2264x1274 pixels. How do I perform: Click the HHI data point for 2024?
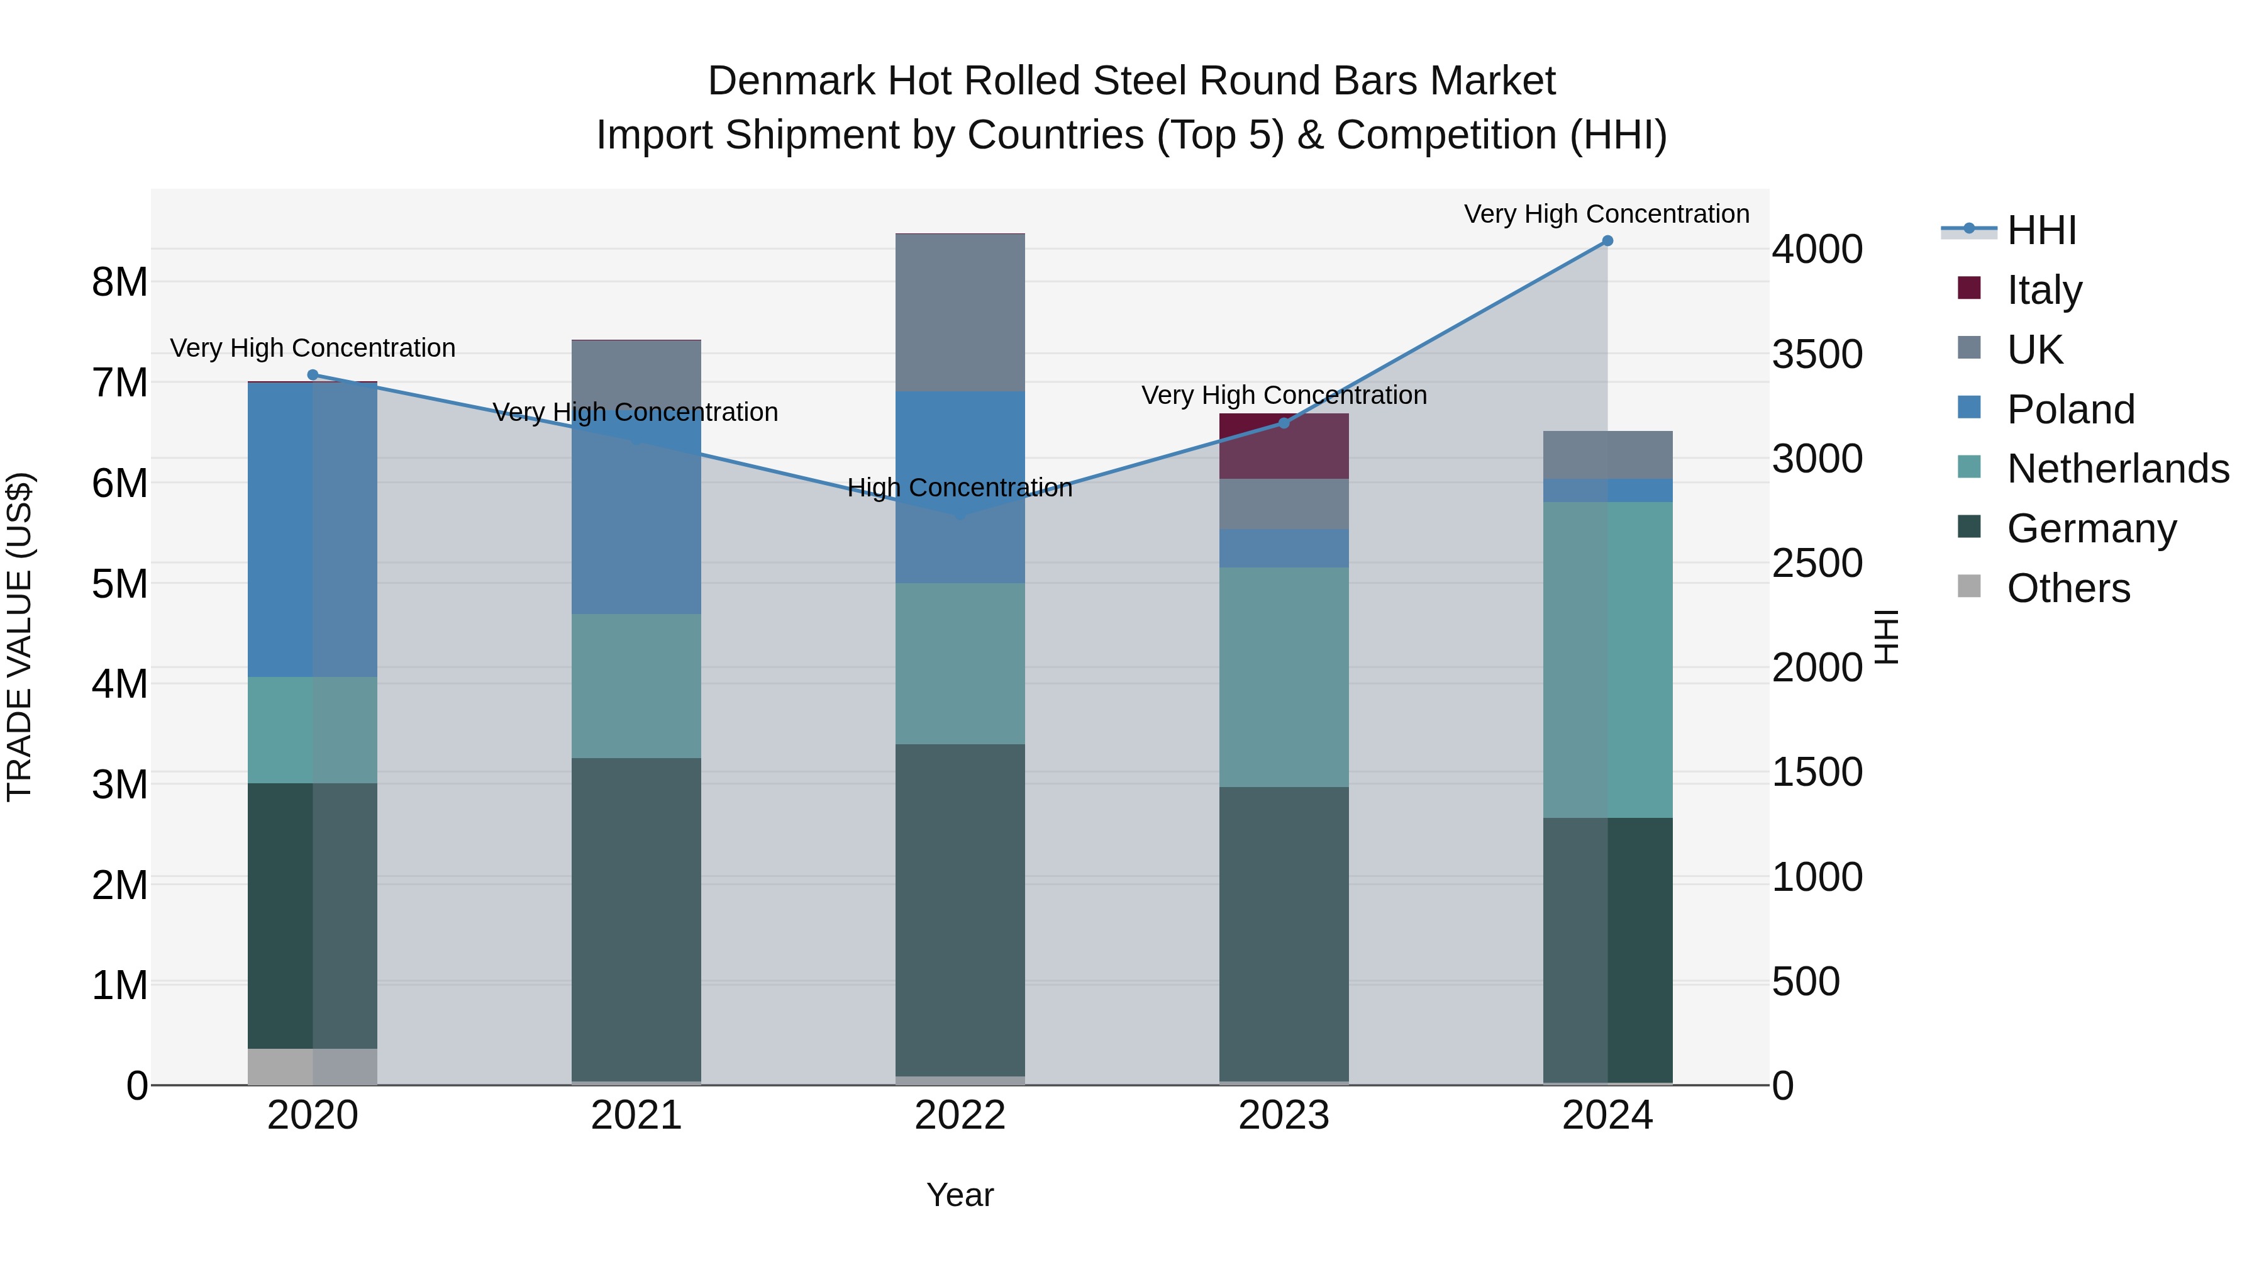coord(1607,241)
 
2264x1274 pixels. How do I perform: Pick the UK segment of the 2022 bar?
coord(960,312)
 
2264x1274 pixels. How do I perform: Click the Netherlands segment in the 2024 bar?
coord(1607,659)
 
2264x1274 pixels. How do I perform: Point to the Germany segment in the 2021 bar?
coord(636,919)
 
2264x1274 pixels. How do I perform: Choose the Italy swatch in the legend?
coord(1970,288)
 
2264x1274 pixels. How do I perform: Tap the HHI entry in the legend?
coord(2041,230)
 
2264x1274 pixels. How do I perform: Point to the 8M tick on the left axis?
coord(119,282)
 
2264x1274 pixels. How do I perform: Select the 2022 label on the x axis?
coord(960,1115)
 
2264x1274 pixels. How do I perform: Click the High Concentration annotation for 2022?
coord(960,488)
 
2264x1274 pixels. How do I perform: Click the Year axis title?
coord(960,1195)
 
